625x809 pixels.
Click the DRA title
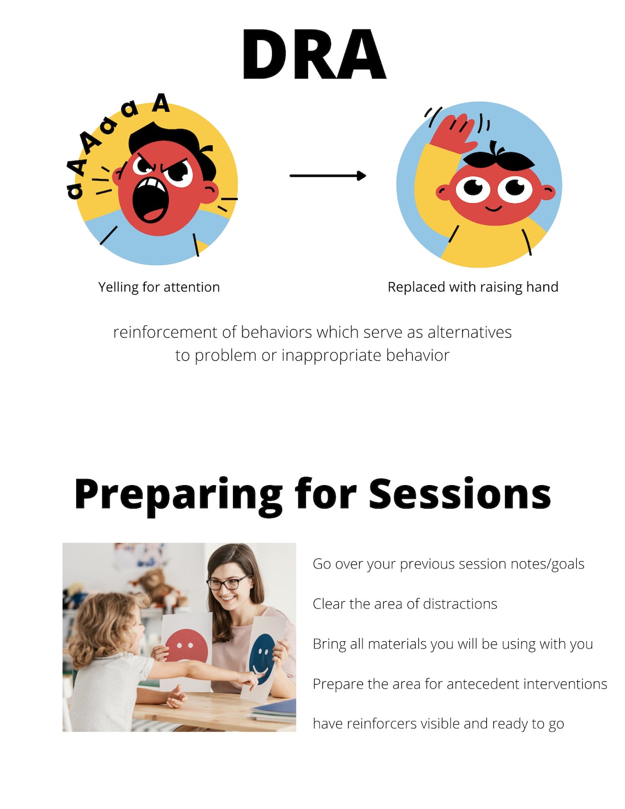(x=314, y=55)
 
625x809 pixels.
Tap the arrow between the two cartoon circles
(x=327, y=175)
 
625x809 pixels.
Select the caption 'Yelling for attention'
(x=159, y=287)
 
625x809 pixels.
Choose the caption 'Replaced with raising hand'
(x=473, y=287)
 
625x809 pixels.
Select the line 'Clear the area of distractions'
(x=405, y=604)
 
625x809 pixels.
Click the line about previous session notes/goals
(x=448, y=564)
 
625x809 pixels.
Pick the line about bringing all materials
(x=452, y=644)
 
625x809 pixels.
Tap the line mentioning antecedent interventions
(x=459, y=684)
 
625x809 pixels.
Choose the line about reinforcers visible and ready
(x=438, y=724)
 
